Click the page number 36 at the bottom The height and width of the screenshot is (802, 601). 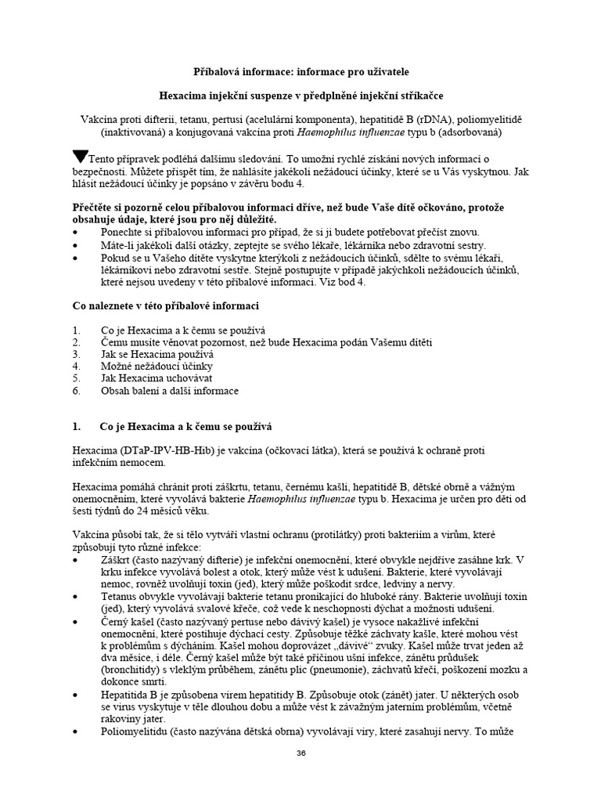[x=300, y=753]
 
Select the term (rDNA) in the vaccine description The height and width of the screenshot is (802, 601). [x=420, y=120]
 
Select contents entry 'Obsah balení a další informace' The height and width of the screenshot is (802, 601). [x=170, y=390]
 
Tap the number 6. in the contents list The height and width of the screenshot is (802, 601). [x=76, y=390]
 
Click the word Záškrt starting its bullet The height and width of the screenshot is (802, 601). [x=117, y=561]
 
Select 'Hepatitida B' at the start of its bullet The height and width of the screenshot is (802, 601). [x=131, y=695]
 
